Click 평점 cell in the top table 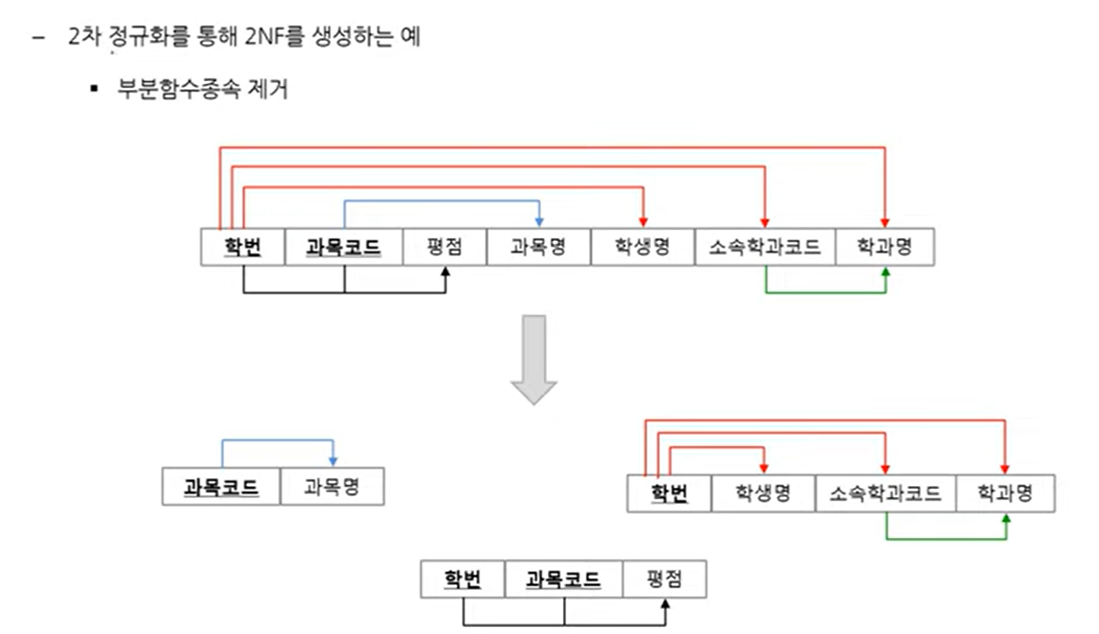click(444, 247)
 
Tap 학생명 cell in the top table click(642, 247)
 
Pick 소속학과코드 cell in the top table click(764, 247)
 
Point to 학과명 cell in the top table click(884, 247)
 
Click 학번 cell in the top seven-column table click(242, 247)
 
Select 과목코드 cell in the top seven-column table click(343, 247)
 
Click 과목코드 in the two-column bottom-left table click(221, 487)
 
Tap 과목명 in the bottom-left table click(331, 487)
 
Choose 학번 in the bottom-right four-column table click(669, 494)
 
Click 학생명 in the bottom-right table click(763, 494)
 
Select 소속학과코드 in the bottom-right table click(886, 494)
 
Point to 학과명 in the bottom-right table click(1005, 494)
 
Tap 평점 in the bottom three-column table click(664, 580)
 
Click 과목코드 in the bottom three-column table click(563, 580)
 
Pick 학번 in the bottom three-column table click(462, 580)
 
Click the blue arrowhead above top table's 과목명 click(539, 221)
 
